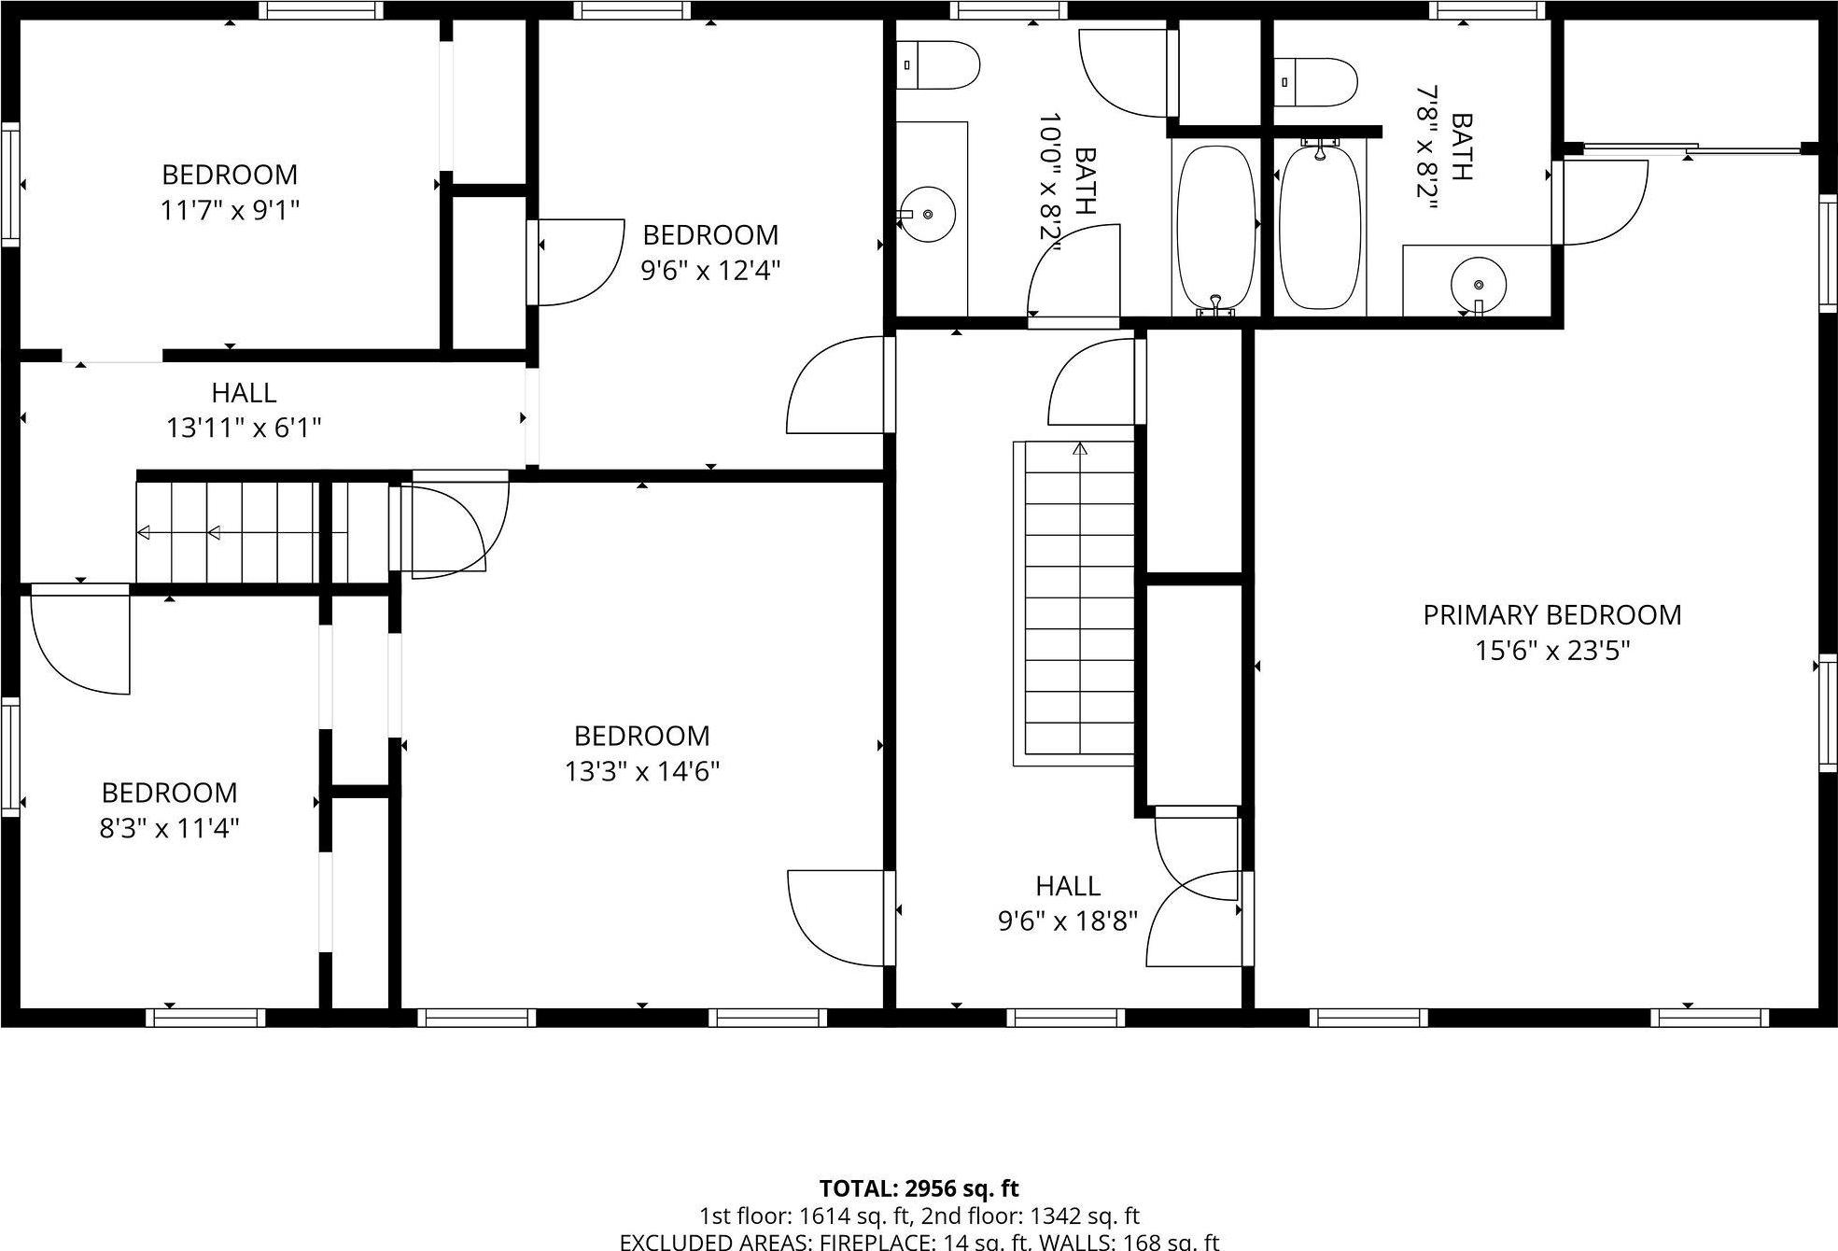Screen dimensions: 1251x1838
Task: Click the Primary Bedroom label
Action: pyautogui.click(x=1551, y=615)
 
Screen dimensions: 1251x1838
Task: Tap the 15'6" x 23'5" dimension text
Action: pyautogui.click(x=1551, y=651)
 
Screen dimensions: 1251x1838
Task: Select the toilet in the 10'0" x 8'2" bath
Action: pyautogui.click(x=938, y=65)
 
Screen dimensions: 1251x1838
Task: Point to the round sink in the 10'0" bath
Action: pyautogui.click(x=927, y=215)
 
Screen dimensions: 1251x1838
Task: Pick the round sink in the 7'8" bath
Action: pyautogui.click(x=1478, y=284)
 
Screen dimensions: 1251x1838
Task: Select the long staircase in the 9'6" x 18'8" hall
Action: pyautogui.click(x=1079, y=602)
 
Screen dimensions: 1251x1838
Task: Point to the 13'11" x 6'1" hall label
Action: pyautogui.click(x=244, y=411)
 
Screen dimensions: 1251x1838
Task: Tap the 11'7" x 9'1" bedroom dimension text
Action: pyautogui.click(x=230, y=210)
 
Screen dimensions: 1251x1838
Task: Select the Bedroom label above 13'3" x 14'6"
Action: pyautogui.click(x=641, y=736)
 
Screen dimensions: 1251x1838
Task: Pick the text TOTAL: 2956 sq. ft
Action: pyautogui.click(x=919, y=1188)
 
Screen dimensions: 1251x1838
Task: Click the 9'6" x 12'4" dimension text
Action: pyautogui.click(x=709, y=271)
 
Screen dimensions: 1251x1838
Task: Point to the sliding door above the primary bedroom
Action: pyautogui.click(x=1691, y=148)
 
